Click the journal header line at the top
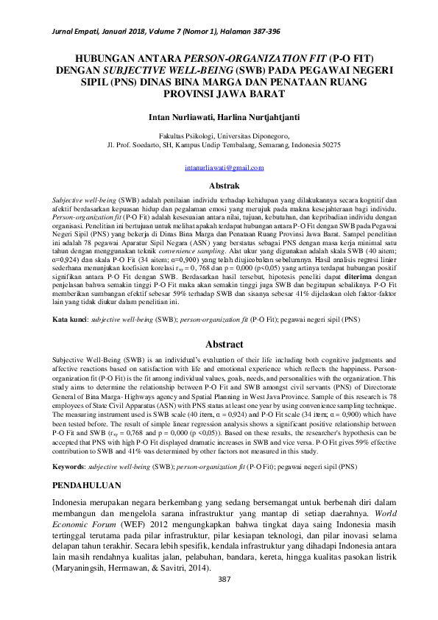point(155,33)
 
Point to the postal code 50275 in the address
point(328,145)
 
